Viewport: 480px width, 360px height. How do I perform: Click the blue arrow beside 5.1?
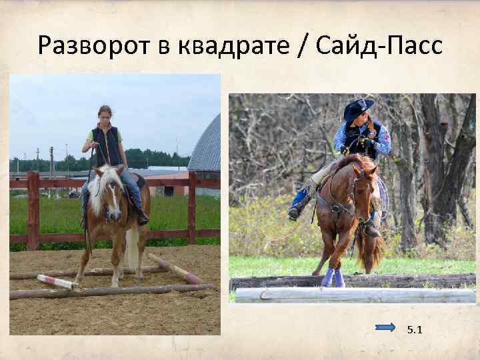tap(385, 327)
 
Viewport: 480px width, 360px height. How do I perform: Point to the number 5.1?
tap(415, 328)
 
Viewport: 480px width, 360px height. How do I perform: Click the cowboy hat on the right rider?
tap(359, 107)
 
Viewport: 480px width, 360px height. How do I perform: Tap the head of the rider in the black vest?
tap(105, 113)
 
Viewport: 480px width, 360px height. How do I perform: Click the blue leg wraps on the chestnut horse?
tap(333, 276)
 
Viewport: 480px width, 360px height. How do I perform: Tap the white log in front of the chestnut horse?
tap(353, 295)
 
